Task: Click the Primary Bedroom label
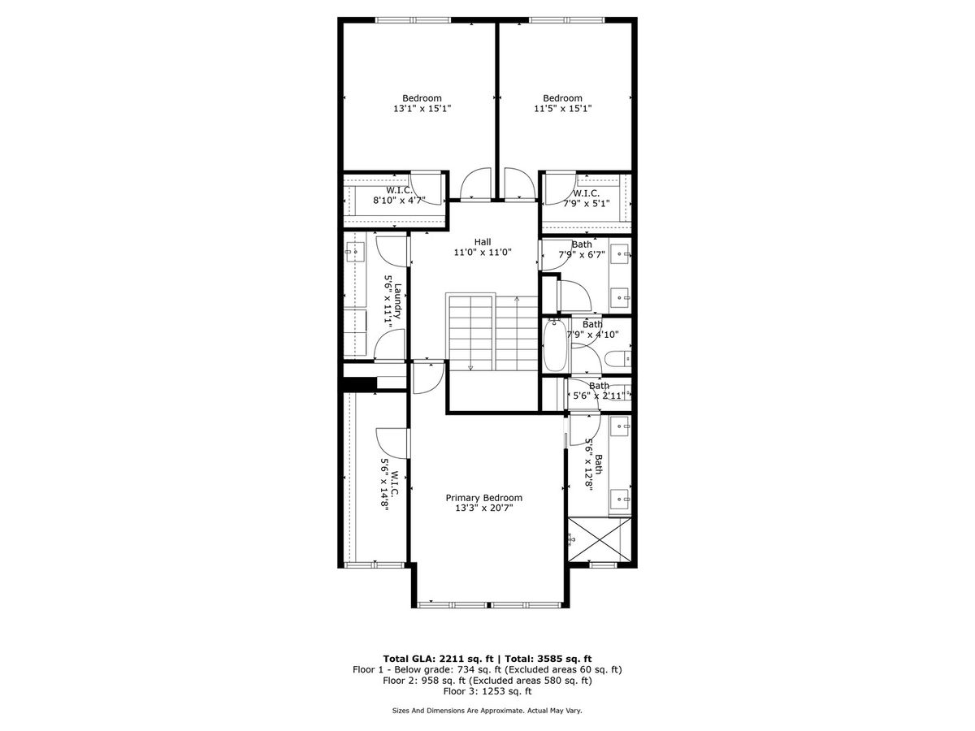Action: coord(483,498)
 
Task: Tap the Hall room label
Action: coord(483,242)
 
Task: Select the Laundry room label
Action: coord(398,301)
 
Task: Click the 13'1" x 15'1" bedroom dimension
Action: coord(422,108)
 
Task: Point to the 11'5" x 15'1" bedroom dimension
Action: coord(562,108)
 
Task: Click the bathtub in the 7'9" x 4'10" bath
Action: coord(555,345)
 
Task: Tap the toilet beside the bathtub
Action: coord(617,359)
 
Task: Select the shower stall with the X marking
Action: coord(600,539)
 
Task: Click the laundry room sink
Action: coord(355,251)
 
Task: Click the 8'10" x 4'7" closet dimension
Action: coord(399,200)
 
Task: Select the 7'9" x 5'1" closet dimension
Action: coord(587,204)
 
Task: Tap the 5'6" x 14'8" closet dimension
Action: coord(384,485)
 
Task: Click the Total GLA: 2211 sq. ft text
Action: coord(438,659)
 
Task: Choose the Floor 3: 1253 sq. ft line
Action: coord(487,691)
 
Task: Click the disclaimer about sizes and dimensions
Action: coord(487,711)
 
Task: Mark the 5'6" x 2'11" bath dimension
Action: coord(599,395)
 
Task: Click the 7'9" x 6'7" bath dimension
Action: coord(582,255)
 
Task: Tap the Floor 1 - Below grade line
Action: coord(487,670)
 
